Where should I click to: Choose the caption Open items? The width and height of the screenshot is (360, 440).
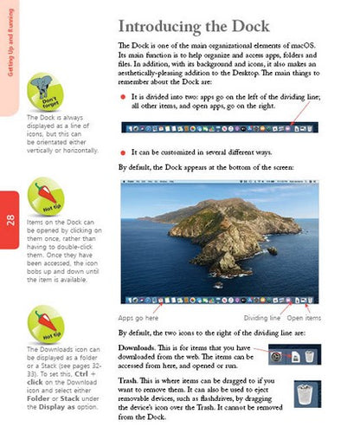point(303,317)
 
